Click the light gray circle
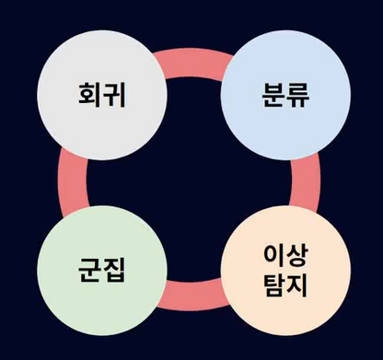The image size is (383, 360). pyautogui.click(x=102, y=95)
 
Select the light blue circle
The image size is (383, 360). pyautogui.click(x=285, y=95)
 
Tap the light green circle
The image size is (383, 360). pyautogui.click(x=102, y=271)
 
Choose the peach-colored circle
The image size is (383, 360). pyautogui.click(x=285, y=271)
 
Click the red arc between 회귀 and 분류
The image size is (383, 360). pyautogui.click(x=193, y=63)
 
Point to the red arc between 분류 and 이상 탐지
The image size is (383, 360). pyautogui.click(x=306, y=182)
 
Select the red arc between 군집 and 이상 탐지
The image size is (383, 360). pyautogui.click(x=193, y=296)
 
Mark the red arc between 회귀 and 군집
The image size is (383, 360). pyautogui.click(x=73, y=182)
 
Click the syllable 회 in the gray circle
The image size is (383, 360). pyautogui.click(x=89, y=94)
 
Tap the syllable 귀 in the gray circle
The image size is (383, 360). pyautogui.click(x=114, y=94)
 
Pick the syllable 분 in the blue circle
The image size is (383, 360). pyautogui.click(x=273, y=94)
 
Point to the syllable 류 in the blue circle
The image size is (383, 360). pyautogui.click(x=297, y=95)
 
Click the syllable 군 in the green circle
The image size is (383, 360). pyautogui.click(x=89, y=270)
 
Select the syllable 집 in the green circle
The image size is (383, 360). pyautogui.click(x=114, y=270)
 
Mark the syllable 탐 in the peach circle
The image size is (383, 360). pyautogui.click(x=274, y=285)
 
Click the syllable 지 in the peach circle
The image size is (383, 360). pyautogui.click(x=296, y=285)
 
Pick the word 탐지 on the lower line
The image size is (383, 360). pyautogui.click(x=285, y=285)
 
